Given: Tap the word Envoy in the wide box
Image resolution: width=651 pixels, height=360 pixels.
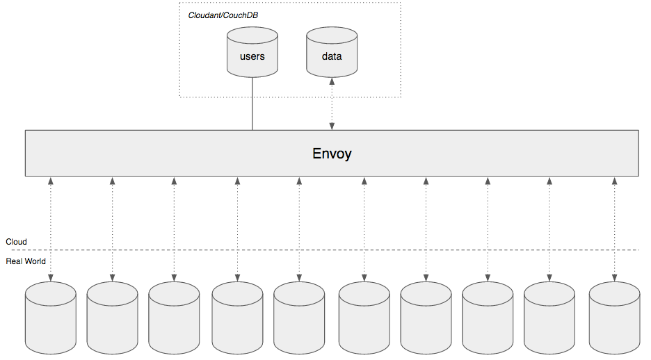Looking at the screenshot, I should (x=332, y=153).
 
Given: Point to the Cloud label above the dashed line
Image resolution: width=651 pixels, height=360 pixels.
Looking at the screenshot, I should (x=17, y=242).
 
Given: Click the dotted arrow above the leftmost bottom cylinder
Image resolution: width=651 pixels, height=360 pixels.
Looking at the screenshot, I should (x=50, y=229).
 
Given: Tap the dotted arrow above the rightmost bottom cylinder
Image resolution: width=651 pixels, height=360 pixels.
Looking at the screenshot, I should (x=614, y=229).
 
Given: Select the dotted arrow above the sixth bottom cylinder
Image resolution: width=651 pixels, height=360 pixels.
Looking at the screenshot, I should (x=364, y=229).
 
